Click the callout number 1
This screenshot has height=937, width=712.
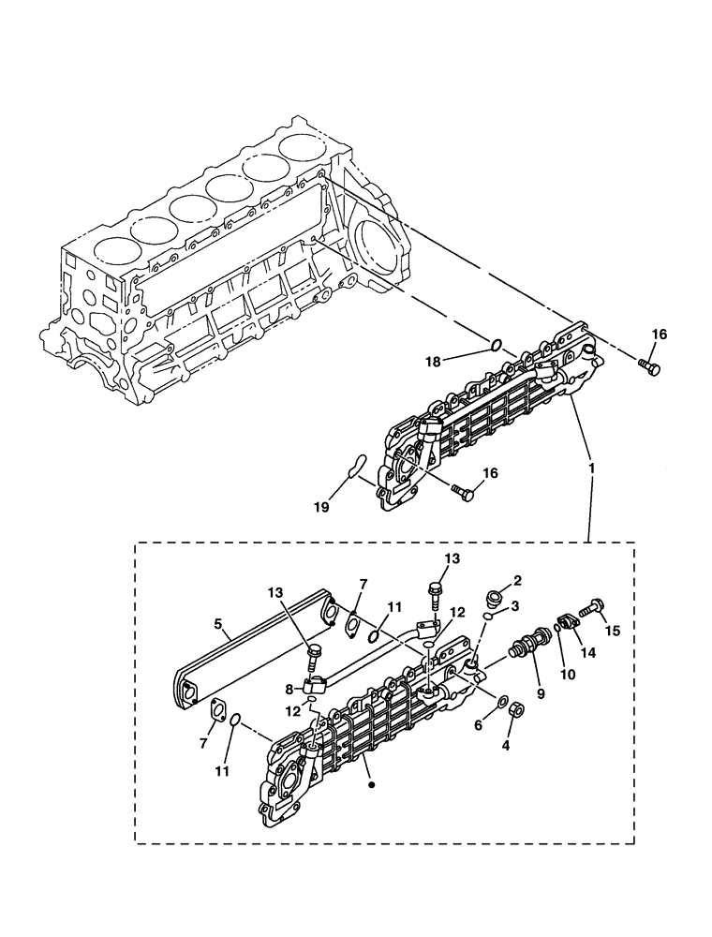coord(589,465)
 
